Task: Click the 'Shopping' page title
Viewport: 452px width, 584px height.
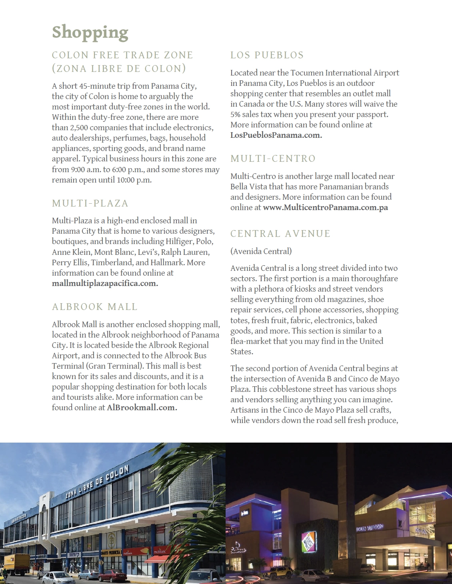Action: point(90,32)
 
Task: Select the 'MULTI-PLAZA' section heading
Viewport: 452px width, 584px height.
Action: point(90,203)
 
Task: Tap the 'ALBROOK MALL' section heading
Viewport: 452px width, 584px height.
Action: point(95,307)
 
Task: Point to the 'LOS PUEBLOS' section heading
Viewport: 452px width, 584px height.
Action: point(267,55)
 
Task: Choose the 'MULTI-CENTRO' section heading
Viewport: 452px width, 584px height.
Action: point(273,159)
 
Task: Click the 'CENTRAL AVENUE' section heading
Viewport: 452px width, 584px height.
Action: point(280,234)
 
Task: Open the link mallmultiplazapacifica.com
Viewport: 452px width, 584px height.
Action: point(105,284)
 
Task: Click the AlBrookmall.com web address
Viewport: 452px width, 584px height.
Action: point(142,408)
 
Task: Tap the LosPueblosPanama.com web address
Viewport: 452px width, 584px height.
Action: point(276,135)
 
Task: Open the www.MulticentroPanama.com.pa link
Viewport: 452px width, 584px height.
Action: point(325,208)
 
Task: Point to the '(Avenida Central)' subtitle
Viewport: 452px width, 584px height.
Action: point(261,251)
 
